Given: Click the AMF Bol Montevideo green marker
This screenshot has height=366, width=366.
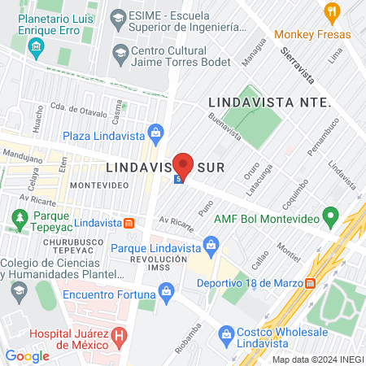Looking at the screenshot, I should [x=330, y=217].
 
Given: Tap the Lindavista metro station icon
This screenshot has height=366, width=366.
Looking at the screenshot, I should [x=128, y=222].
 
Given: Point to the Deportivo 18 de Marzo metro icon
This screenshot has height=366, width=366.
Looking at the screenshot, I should [x=310, y=284].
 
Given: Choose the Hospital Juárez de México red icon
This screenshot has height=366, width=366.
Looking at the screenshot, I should [x=120, y=334].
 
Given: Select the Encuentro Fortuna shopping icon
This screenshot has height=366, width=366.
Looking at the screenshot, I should [x=167, y=290].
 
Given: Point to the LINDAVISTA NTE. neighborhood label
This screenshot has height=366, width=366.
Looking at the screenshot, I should [x=269, y=102].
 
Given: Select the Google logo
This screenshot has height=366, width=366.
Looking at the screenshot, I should [x=27, y=355].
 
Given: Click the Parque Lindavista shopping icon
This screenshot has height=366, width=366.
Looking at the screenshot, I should [x=211, y=243].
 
